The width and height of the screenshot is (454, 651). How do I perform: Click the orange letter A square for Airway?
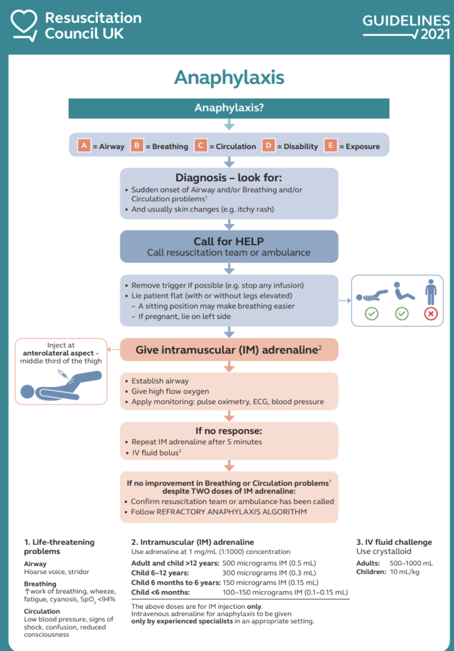coord(84,145)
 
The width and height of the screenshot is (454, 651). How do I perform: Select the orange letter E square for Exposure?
coord(330,145)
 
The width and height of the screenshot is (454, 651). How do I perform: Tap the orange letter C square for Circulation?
coord(201,145)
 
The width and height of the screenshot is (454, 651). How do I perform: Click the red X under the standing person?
coord(430,314)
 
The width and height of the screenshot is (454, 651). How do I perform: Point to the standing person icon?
coord(430,292)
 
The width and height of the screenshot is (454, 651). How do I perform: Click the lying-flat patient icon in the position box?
coord(372,295)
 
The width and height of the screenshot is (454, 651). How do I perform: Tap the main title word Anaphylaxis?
coord(229,77)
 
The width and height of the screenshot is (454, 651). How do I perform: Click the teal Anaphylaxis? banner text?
coord(229,108)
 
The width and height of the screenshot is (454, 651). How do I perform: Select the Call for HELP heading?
coord(229,241)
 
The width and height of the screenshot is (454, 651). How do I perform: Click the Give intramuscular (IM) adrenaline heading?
coord(229,350)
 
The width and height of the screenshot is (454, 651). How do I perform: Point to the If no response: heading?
coord(229,431)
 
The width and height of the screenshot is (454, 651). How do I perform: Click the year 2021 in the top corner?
coord(435,34)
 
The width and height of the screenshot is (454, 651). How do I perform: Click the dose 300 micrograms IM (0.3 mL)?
coord(269,573)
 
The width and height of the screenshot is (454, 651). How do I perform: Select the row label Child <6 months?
coord(161,593)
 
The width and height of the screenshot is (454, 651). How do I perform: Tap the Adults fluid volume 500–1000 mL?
coord(411,563)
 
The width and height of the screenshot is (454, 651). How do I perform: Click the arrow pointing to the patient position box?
coord(344,301)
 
